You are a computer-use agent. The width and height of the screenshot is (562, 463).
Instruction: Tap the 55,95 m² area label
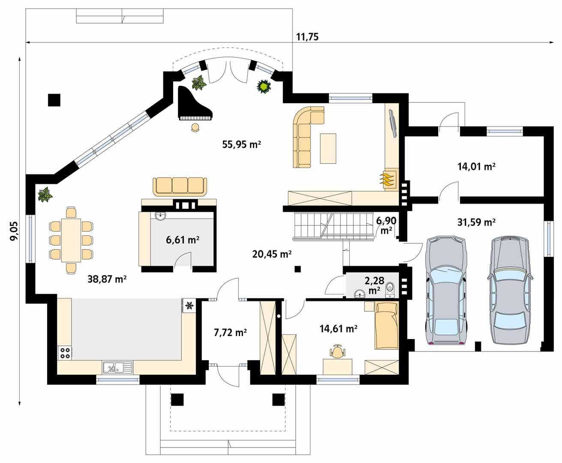(x=241, y=144)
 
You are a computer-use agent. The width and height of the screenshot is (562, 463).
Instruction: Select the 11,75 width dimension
(x=307, y=37)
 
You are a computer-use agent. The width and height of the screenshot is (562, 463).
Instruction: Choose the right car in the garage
(x=509, y=290)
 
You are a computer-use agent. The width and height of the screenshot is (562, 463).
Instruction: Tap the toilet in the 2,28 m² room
(x=390, y=289)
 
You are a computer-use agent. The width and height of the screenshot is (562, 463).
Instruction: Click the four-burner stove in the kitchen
(x=65, y=352)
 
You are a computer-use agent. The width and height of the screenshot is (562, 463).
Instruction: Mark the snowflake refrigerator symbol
(x=189, y=306)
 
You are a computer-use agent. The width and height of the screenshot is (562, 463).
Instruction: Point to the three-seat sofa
(x=180, y=186)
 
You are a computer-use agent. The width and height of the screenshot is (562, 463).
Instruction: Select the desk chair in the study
(x=337, y=352)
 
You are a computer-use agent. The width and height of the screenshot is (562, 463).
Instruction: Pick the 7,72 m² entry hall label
(x=230, y=332)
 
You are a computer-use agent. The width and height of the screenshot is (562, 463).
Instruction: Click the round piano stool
(x=195, y=127)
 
